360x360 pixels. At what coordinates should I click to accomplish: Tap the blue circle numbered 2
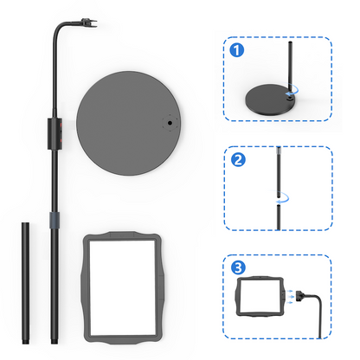236,158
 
